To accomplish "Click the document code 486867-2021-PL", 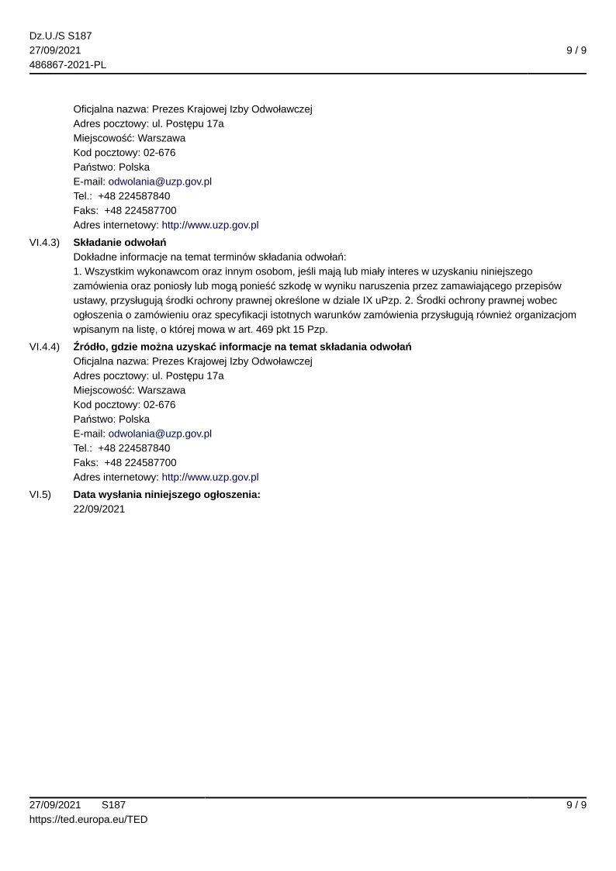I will pyautogui.click(x=67, y=64).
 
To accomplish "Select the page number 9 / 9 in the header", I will pyautogui.click(x=576, y=50).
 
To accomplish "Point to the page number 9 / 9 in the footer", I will pyautogui.click(x=576, y=805).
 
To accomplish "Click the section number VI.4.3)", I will pyautogui.click(x=44, y=242).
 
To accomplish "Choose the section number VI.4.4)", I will pyautogui.click(x=44, y=347).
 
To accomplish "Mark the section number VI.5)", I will pyautogui.click(x=40, y=495).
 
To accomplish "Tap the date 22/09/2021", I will pyautogui.click(x=99, y=509).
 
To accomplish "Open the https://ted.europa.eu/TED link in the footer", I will pyautogui.click(x=88, y=819).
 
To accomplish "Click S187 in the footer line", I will pyautogui.click(x=113, y=805).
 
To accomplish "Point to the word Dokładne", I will pyautogui.click(x=95, y=257).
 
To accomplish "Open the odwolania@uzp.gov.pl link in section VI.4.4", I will pyautogui.click(x=160, y=434).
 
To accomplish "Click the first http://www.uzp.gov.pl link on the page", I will pyautogui.click(x=209, y=225).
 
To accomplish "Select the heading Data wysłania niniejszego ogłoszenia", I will pyautogui.click(x=167, y=495).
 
